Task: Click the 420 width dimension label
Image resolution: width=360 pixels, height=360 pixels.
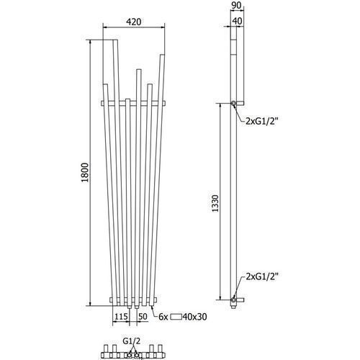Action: click(x=134, y=22)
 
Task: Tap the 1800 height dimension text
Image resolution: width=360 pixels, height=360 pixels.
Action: click(x=85, y=172)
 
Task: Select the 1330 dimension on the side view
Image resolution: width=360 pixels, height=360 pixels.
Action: click(x=215, y=203)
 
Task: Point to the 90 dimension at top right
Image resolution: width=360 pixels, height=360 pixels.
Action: click(x=236, y=6)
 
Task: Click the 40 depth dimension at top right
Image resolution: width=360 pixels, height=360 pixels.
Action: click(x=237, y=21)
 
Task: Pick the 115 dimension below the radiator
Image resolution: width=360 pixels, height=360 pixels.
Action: click(x=121, y=317)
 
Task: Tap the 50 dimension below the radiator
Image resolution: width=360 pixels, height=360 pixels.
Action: click(x=143, y=317)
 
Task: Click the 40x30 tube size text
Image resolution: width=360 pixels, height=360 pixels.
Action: click(x=194, y=317)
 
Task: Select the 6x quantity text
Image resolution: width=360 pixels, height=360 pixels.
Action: click(x=163, y=317)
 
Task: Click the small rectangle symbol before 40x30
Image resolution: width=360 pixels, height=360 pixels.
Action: click(x=176, y=317)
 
